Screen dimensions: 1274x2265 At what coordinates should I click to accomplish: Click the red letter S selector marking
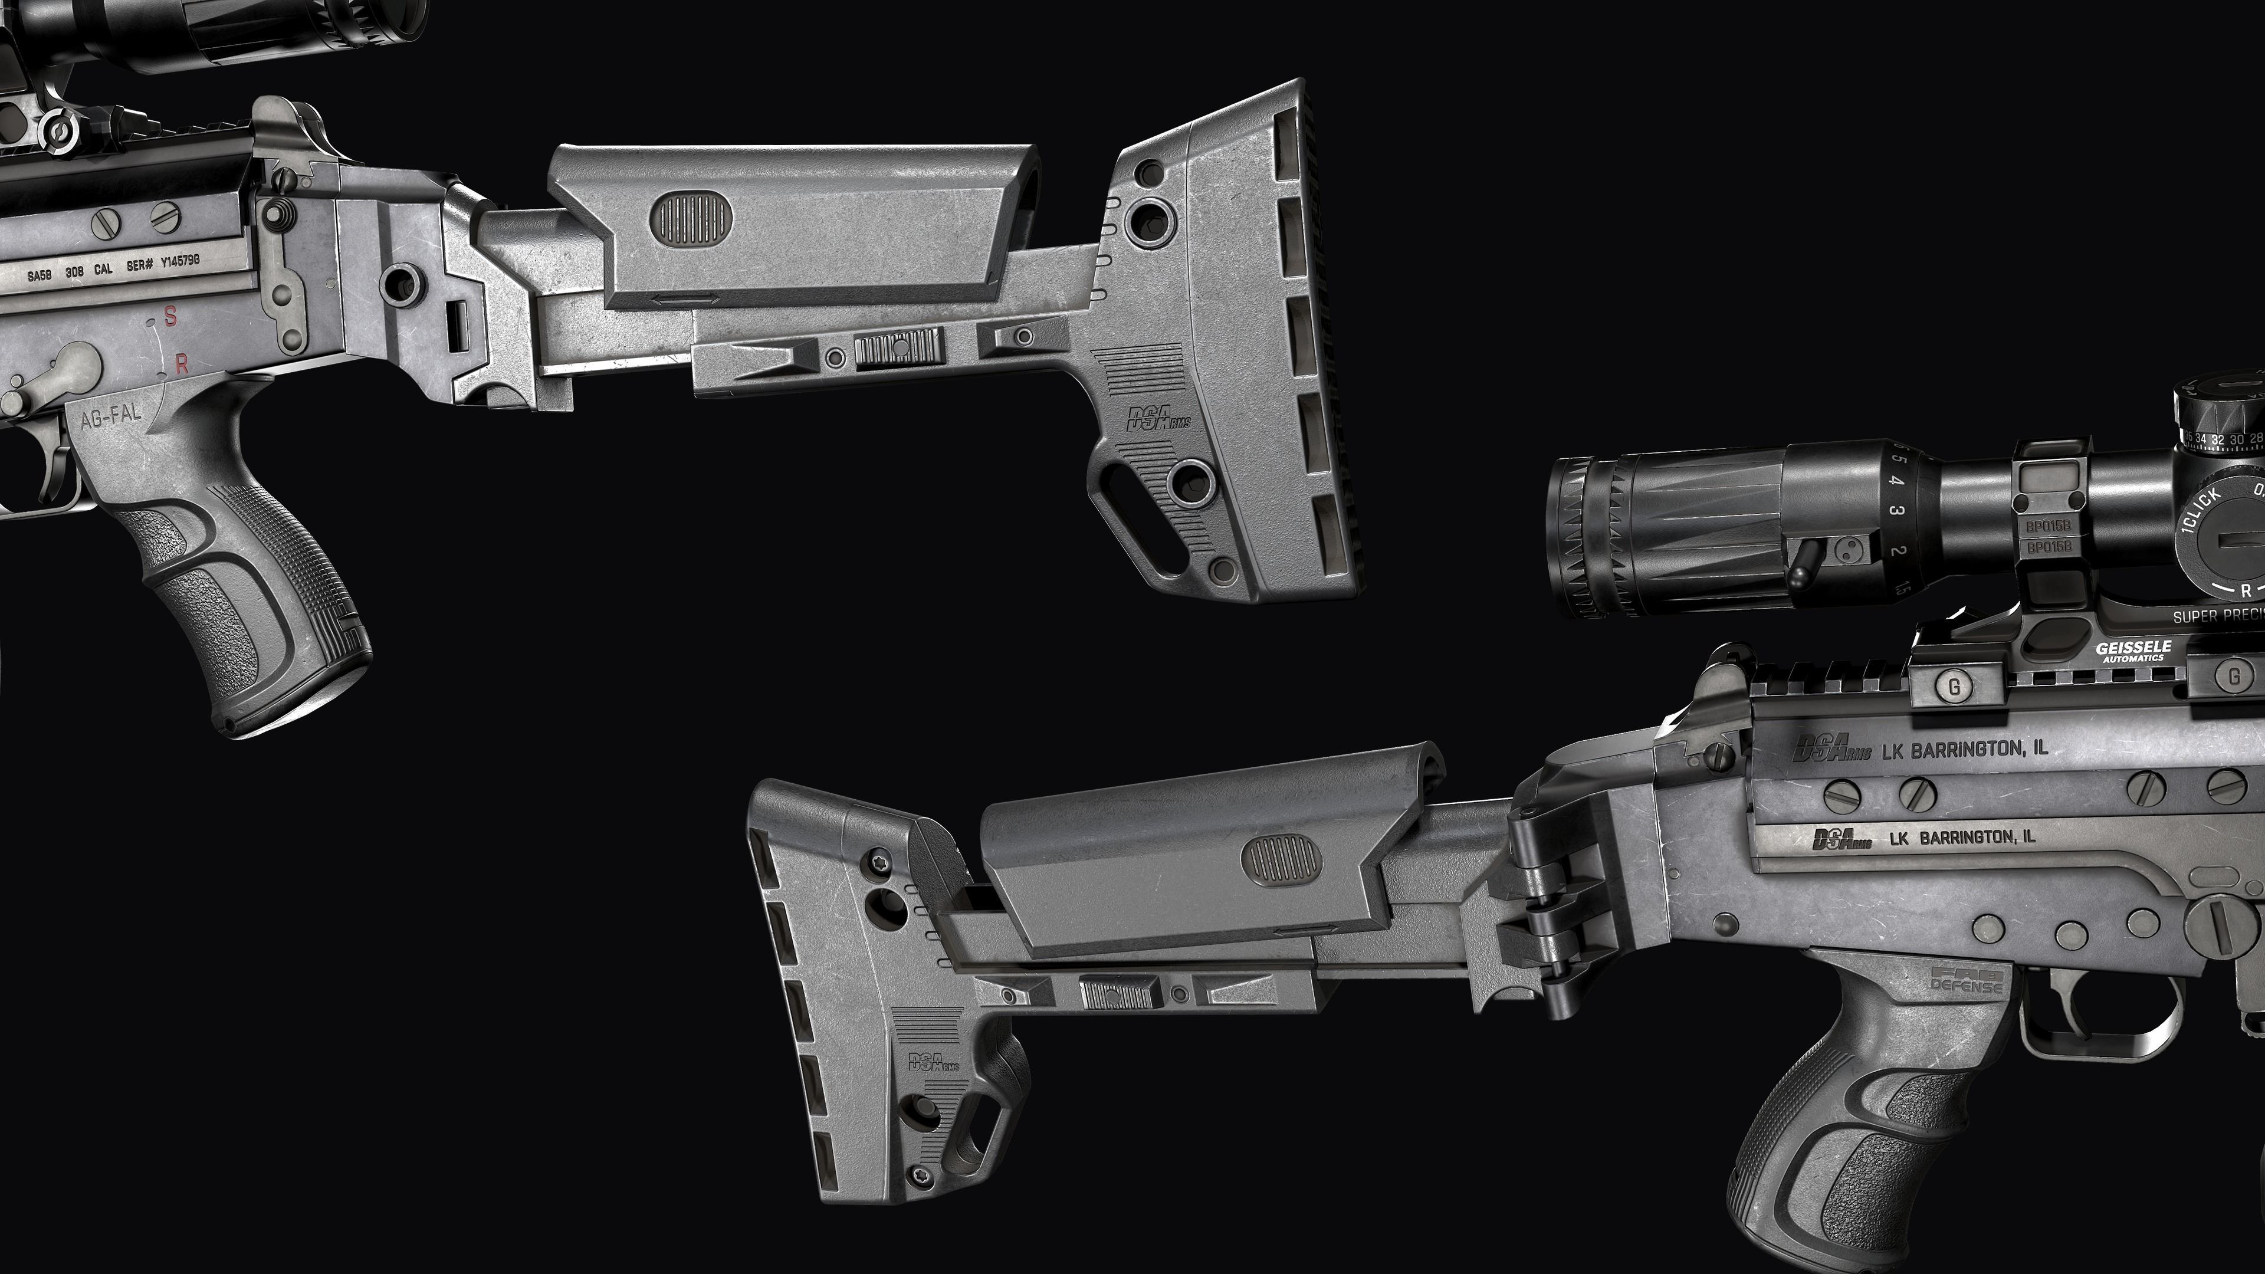tap(170, 317)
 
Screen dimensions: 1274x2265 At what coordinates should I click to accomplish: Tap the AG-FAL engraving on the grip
tap(111, 419)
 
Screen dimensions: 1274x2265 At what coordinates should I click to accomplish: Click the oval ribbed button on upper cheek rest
tap(691, 218)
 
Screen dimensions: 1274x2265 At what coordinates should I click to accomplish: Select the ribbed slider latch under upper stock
tap(898, 348)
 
